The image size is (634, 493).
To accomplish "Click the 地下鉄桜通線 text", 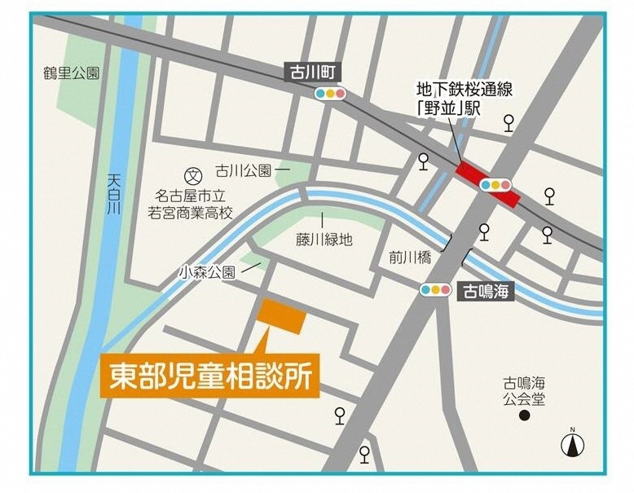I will (x=459, y=89).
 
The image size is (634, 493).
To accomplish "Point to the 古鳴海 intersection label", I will (x=487, y=290).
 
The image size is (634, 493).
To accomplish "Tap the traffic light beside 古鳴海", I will (x=436, y=289).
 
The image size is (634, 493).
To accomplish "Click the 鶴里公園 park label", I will (x=72, y=73).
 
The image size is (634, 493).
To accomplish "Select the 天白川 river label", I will (x=113, y=196).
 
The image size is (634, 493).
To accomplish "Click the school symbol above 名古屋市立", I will (x=193, y=174).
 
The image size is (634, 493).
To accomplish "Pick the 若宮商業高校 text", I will (x=190, y=213).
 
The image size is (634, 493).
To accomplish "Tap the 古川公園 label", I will (x=243, y=171).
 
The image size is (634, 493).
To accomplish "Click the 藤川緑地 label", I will (x=324, y=240).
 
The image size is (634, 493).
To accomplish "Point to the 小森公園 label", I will (x=209, y=272).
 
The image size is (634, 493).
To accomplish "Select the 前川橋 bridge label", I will (x=409, y=258).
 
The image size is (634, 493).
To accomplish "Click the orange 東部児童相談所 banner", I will (x=209, y=376).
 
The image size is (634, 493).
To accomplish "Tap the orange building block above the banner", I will (x=283, y=316).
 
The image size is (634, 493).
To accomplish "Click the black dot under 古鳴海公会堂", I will (x=525, y=416).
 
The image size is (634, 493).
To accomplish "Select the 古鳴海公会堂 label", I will (x=525, y=391).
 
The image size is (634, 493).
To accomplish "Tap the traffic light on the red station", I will (x=495, y=185).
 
